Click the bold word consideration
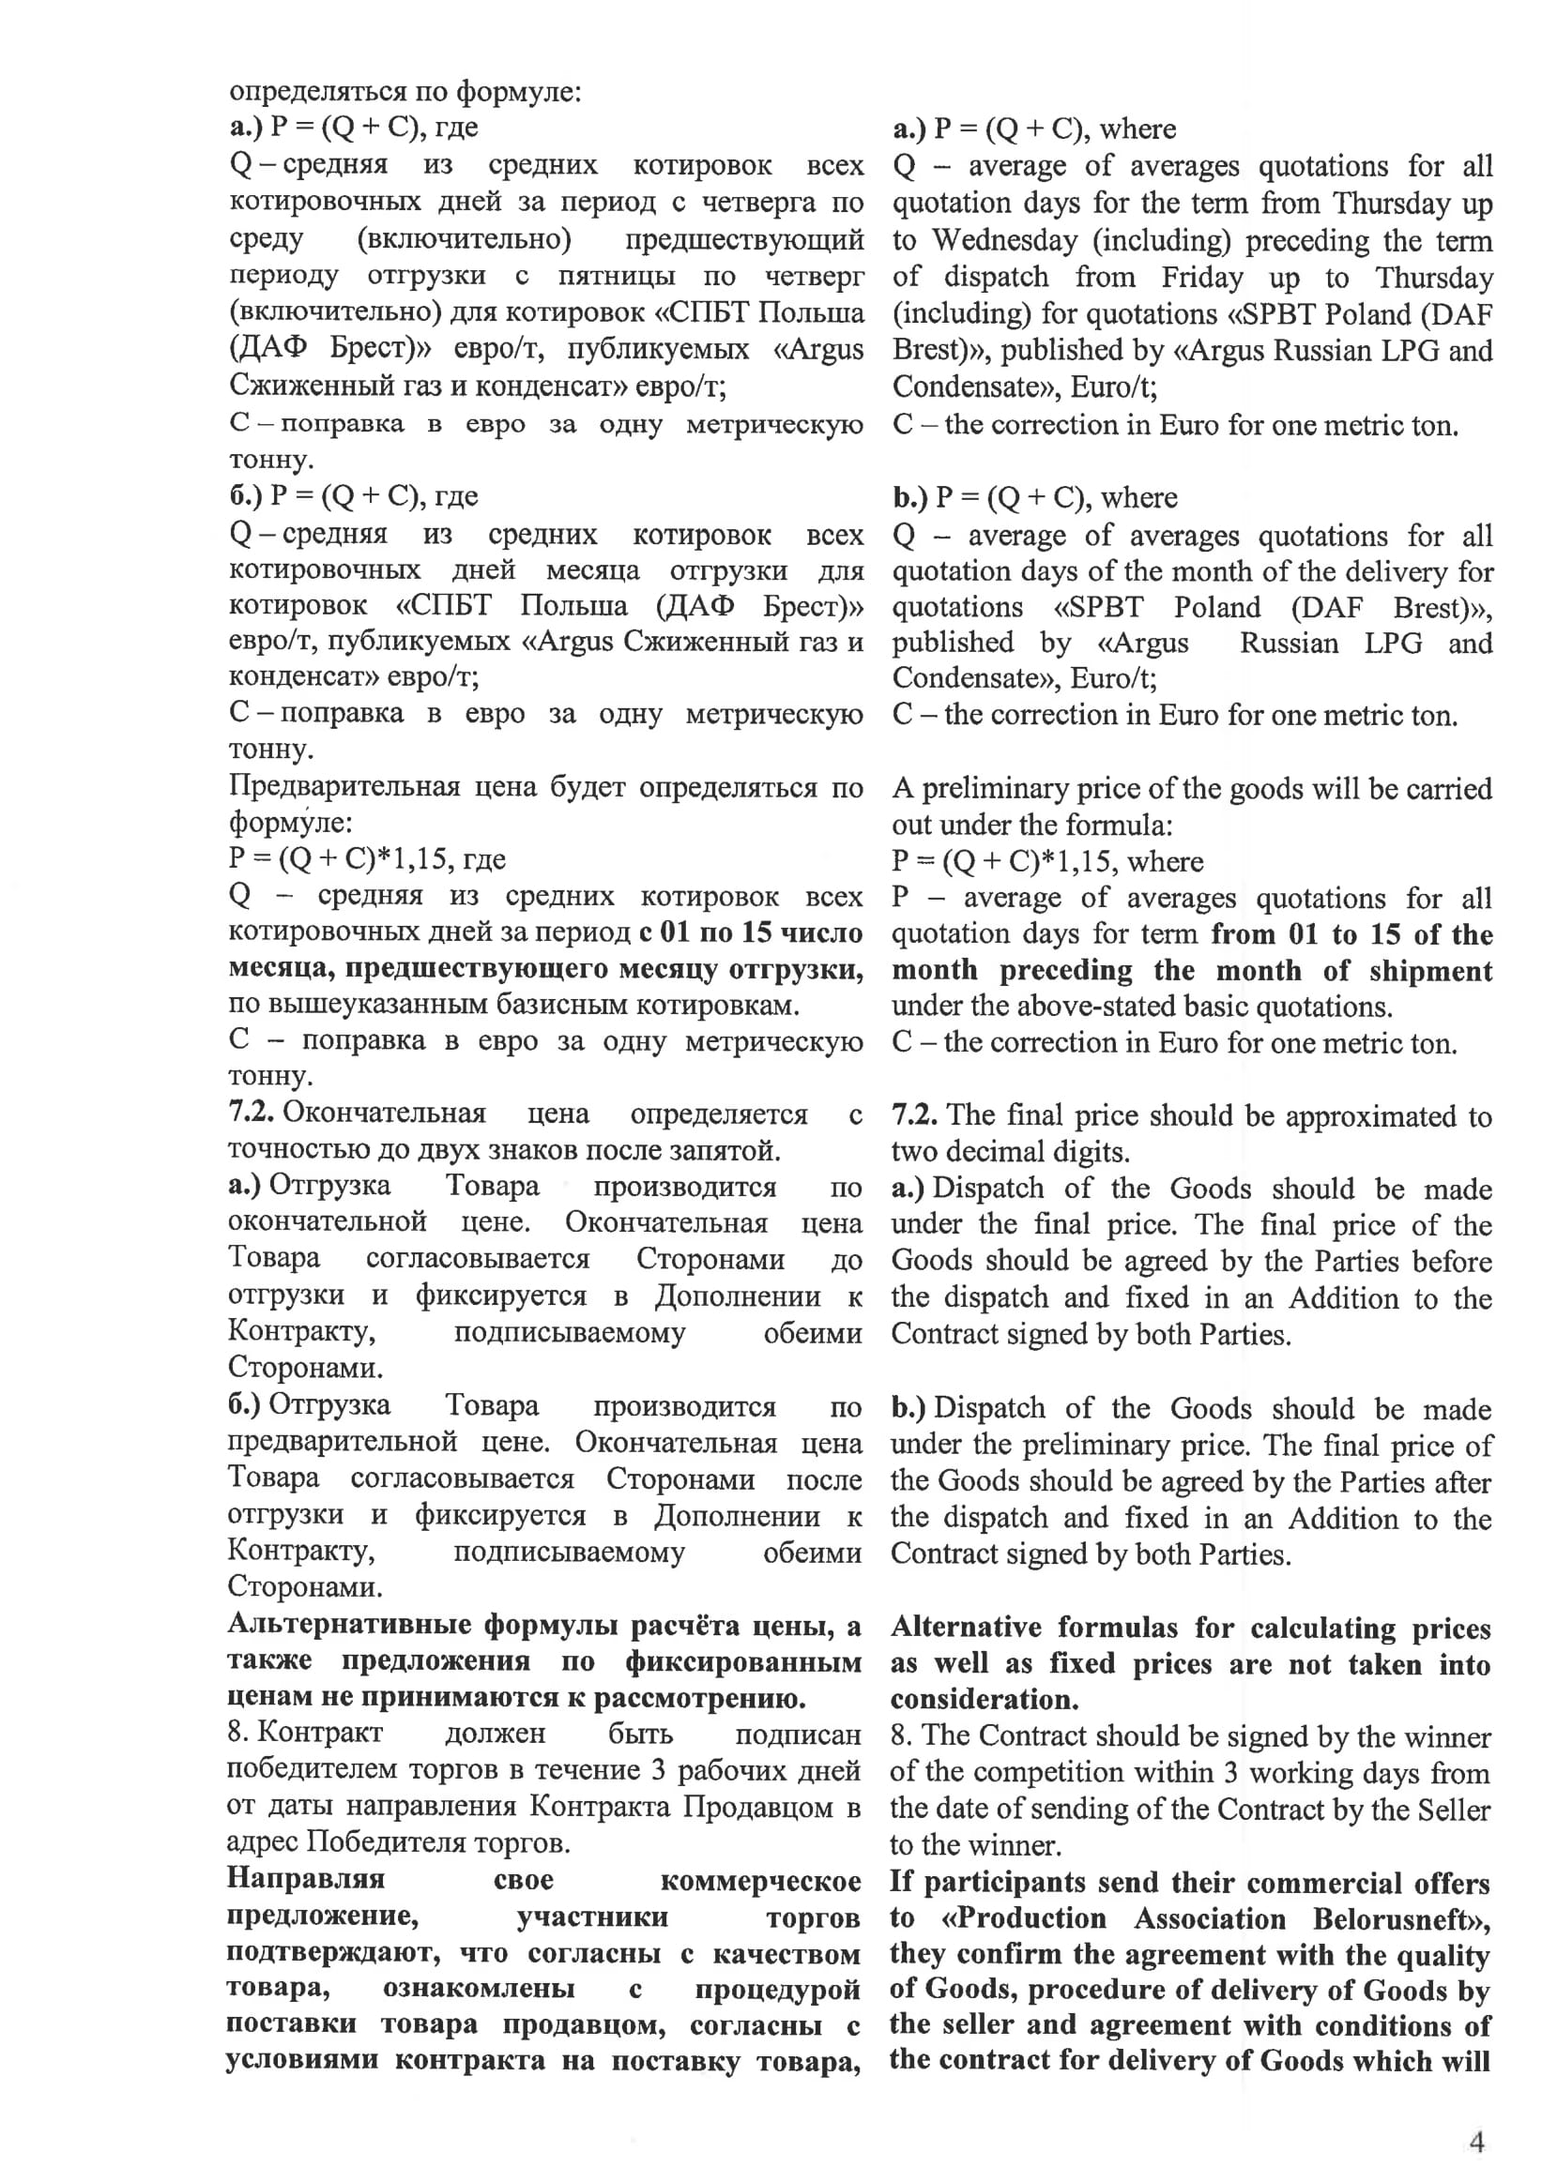pos(984,1699)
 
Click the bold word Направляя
pos(305,1879)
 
